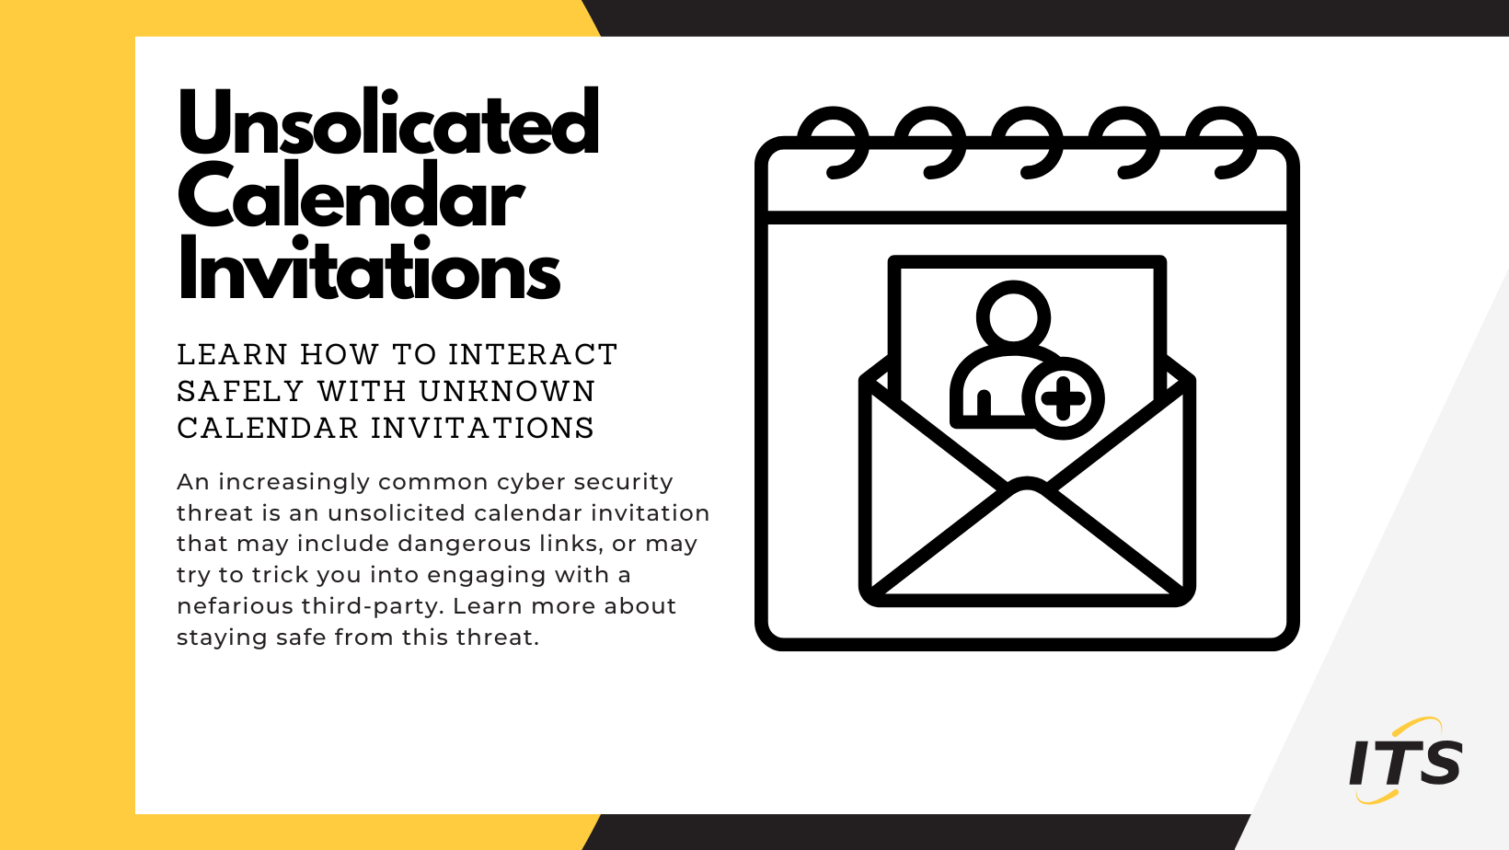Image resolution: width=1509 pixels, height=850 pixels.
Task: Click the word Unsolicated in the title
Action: [x=388, y=124]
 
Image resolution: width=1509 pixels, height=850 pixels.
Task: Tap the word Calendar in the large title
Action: [x=351, y=198]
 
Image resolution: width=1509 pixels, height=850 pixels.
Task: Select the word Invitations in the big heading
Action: [x=369, y=271]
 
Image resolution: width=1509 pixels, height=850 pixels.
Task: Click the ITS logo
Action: [x=1405, y=762]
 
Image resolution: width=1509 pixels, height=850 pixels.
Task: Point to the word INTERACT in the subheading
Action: [x=533, y=354]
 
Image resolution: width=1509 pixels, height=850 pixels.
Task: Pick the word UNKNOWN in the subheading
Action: [x=507, y=391]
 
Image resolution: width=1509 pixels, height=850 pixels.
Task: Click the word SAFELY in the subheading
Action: [x=240, y=391]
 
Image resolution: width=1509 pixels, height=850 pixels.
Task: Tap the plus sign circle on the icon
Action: [x=1064, y=399]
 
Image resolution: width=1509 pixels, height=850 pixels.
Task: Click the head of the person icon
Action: [x=1013, y=316]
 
